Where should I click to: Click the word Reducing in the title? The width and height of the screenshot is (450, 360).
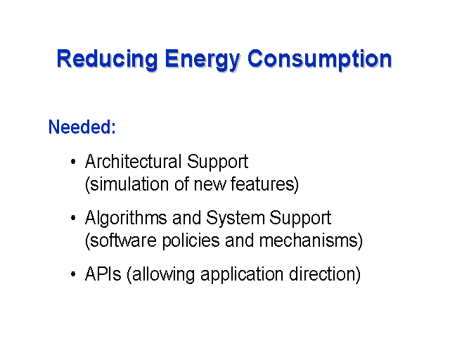(x=108, y=60)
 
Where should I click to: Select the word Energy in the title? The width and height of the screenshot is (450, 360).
(x=202, y=60)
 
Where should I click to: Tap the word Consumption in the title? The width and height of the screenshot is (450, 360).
(x=319, y=60)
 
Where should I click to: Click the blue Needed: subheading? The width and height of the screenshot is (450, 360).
(x=82, y=127)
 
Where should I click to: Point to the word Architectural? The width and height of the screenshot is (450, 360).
(x=133, y=161)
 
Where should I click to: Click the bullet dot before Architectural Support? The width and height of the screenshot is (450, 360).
(x=73, y=162)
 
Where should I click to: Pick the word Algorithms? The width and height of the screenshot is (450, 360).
(x=126, y=218)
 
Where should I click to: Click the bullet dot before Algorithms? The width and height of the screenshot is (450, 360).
(x=73, y=218)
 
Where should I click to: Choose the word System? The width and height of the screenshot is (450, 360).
(x=235, y=218)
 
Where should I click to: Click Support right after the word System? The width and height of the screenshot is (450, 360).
(x=300, y=218)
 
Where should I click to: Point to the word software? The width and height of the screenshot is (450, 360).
(x=123, y=240)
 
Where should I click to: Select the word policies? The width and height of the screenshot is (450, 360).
(x=191, y=241)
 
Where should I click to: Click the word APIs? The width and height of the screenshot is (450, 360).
(x=103, y=274)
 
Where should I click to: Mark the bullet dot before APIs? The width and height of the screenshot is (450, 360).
(x=73, y=274)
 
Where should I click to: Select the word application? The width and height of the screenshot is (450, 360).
(x=242, y=275)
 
